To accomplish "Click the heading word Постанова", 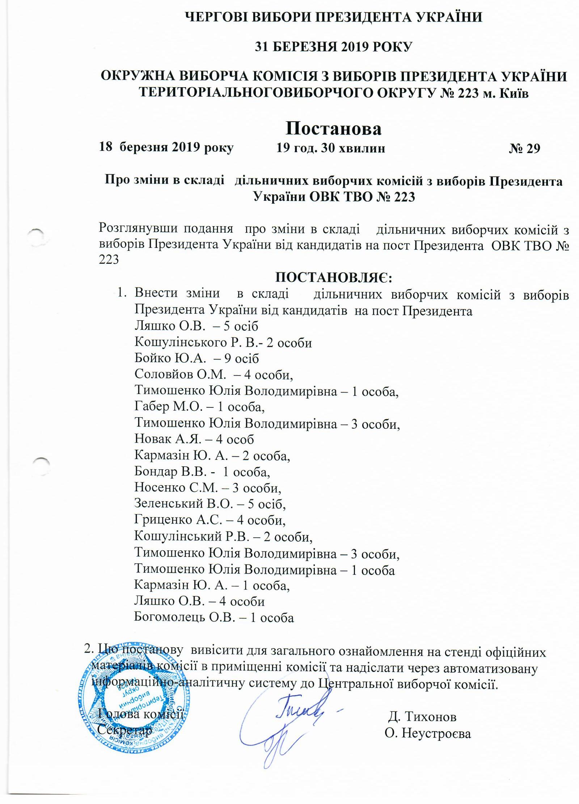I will [x=333, y=128].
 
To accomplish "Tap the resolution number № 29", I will [x=524, y=148].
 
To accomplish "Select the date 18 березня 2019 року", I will [x=166, y=148].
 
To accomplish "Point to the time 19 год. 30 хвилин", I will [x=330, y=148].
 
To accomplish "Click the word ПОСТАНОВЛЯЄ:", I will [x=334, y=278].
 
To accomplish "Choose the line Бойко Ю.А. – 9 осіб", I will [x=196, y=358].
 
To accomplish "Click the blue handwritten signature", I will [x=286, y=727].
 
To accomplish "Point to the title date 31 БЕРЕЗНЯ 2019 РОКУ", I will [x=333, y=47].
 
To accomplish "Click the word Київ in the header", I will [x=514, y=93].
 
